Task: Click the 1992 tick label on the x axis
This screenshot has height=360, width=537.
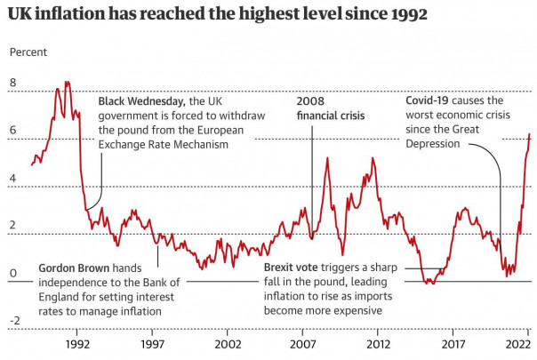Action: point(77,342)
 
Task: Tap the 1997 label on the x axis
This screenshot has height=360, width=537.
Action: point(153,342)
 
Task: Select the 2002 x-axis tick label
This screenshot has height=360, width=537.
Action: point(228,342)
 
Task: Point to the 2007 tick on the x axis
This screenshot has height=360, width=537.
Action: point(303,342)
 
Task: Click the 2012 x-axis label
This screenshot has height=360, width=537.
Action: point(379,342)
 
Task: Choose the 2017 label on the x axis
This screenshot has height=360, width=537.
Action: point(454,342)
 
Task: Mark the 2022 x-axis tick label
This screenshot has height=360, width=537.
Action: point(518,342)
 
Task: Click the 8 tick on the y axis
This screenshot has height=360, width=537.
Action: point(12,83)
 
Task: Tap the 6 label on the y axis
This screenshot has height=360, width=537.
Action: point(12,131)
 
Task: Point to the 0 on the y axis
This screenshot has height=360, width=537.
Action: point(12,273)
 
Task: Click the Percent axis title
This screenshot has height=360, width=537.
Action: point(28,52)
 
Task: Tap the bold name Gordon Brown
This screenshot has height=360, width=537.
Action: point(75,268)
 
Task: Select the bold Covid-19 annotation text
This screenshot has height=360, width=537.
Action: point(429,101)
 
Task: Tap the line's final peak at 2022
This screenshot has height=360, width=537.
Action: point(530,134)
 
